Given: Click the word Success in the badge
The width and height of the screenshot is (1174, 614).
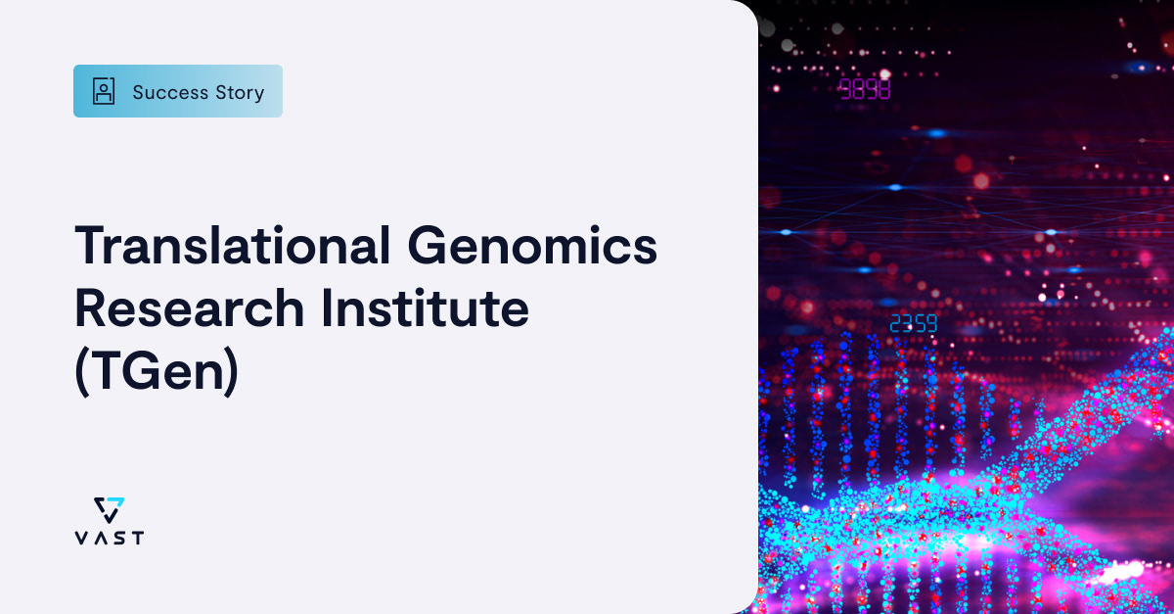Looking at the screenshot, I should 170,92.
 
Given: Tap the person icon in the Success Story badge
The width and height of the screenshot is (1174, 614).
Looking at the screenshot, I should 103,92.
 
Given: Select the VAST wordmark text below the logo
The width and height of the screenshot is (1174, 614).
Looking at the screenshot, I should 109,538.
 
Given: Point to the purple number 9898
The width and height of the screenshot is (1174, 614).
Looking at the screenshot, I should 865,89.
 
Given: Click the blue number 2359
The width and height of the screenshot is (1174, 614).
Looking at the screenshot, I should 913,324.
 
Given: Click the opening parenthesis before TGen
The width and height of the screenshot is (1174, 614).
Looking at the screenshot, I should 81,374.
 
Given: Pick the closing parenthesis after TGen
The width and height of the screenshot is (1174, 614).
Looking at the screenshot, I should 231,374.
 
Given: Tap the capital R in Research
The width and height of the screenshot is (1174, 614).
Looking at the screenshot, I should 90,308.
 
